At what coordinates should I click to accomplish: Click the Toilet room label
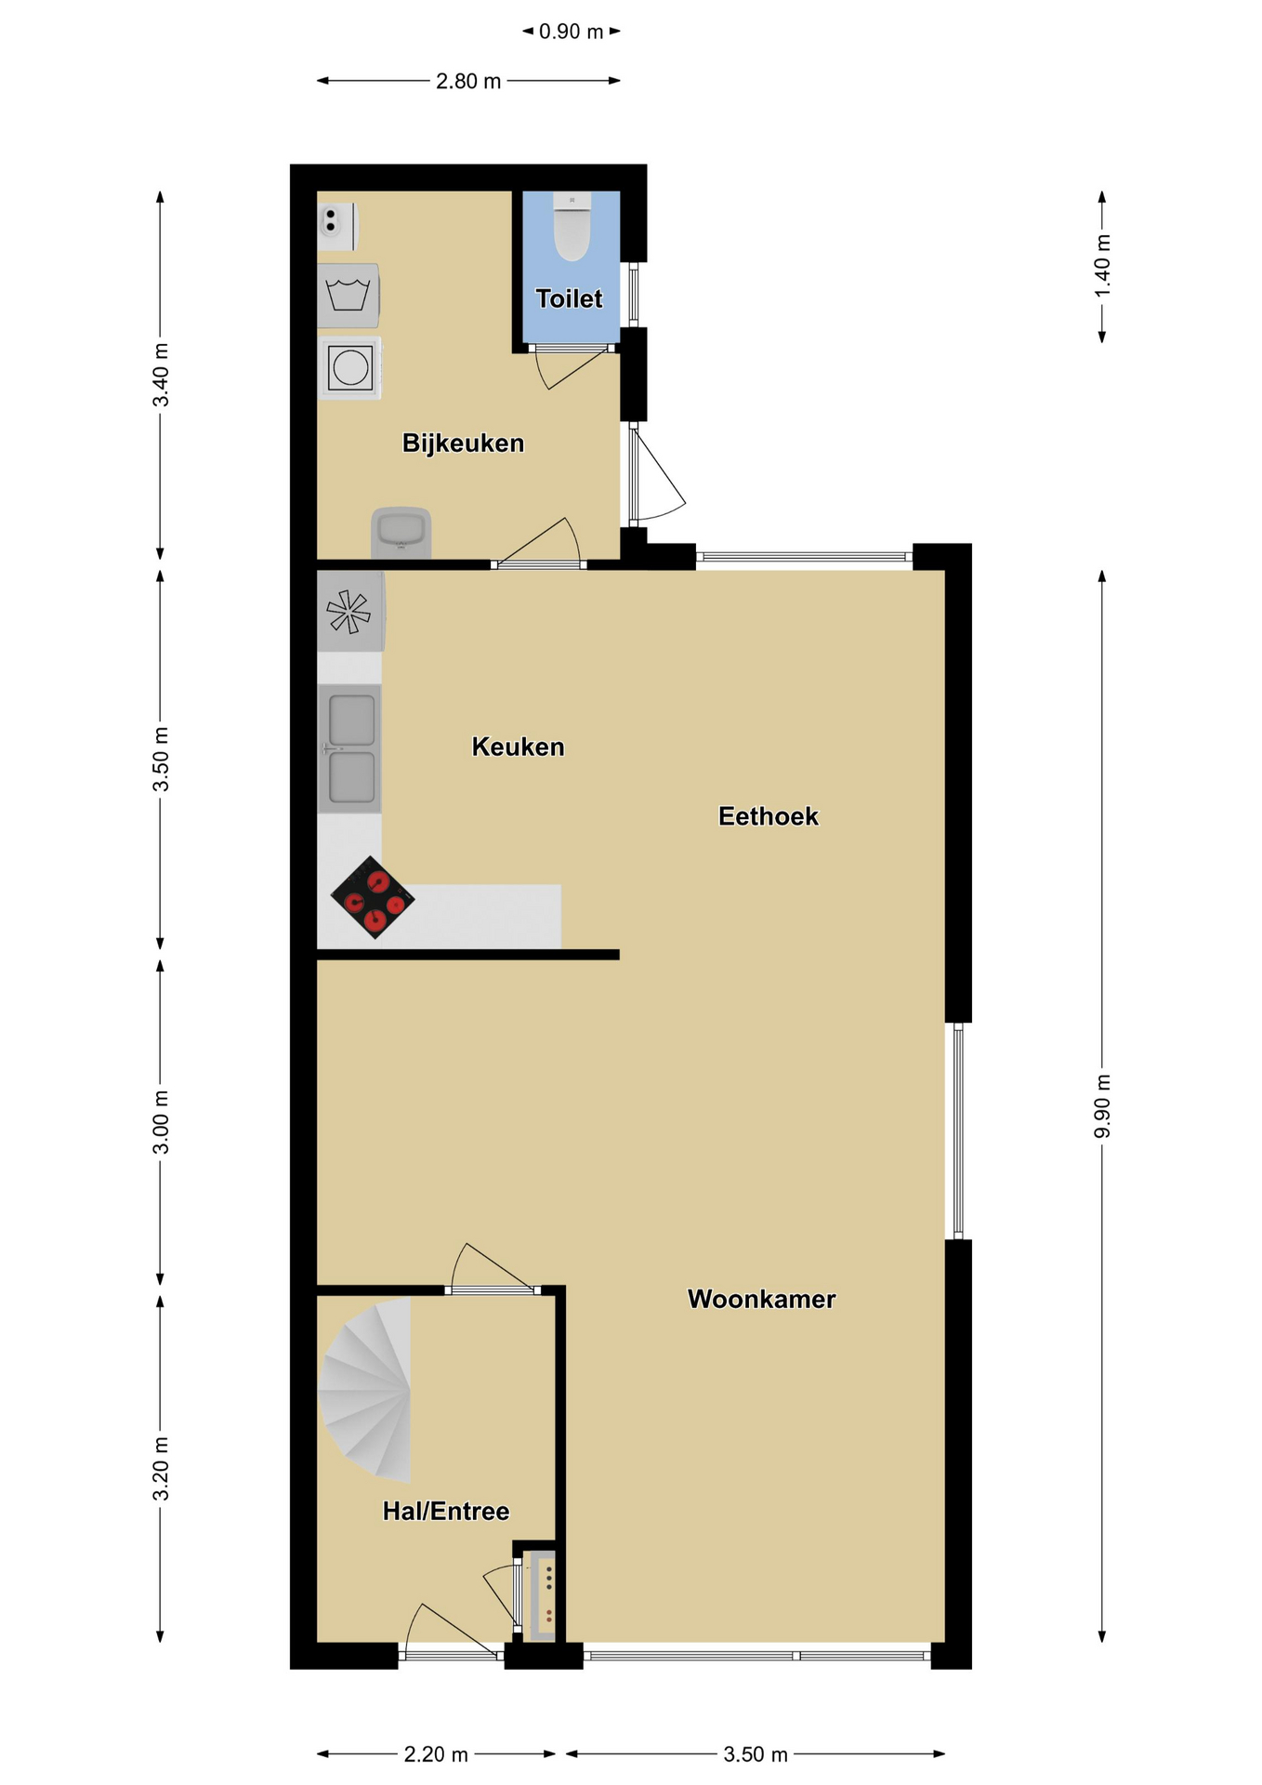pos(569,298)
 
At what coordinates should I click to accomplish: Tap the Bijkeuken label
pos(463,443)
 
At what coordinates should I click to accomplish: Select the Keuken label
pos(518,747)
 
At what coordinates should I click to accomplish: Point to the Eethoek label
pos(769,816)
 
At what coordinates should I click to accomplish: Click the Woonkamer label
pos(761,1299)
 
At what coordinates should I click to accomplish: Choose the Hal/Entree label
pos(446,1511)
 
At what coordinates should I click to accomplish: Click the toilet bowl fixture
pos(572,226)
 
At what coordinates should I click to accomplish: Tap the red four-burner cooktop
pos(373,897)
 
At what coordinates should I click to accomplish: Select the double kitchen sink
pos(350,749)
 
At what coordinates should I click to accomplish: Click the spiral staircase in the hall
pos(365,1389)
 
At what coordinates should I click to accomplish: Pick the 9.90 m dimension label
pos(1102,1105)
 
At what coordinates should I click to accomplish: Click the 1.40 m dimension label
pos(1102,266)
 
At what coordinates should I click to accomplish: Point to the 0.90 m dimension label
pos(572,32)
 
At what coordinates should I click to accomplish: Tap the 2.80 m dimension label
pos(468,81)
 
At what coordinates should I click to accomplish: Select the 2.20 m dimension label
pos(436,1754)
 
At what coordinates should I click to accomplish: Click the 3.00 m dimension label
pos(161,1121)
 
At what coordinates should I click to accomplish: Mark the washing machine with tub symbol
pos(348,296)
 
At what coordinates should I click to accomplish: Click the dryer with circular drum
pos(349,368)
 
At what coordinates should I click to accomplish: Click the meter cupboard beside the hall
pos(541,1595)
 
